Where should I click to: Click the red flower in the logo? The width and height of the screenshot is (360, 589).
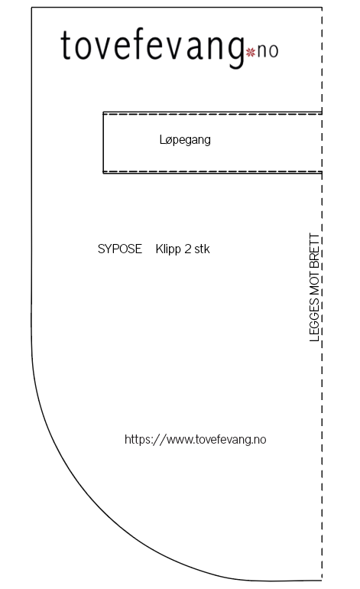251,52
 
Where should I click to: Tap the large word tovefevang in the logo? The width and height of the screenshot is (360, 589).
152,47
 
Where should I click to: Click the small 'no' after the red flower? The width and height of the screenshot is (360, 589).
268,51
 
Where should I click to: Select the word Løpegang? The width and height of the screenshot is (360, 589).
185,140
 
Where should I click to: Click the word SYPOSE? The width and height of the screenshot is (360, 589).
120,249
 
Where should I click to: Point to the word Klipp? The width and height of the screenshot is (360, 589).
168,249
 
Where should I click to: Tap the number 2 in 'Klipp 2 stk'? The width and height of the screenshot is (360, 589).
188,249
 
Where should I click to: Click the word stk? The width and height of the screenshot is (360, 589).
202,249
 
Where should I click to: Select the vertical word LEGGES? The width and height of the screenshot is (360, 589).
314,320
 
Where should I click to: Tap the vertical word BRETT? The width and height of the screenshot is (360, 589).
314,251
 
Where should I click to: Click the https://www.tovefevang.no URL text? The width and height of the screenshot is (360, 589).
195,440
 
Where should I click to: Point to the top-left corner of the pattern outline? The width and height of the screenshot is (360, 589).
31,7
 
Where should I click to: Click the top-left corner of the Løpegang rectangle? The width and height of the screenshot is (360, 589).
103,112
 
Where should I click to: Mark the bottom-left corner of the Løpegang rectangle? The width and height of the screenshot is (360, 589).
103,173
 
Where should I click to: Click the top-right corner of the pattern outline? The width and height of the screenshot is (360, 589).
322,7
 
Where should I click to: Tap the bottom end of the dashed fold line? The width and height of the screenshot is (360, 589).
322,581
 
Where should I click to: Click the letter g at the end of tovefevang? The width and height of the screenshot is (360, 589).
235,53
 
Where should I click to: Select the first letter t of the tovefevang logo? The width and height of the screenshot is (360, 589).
66,45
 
